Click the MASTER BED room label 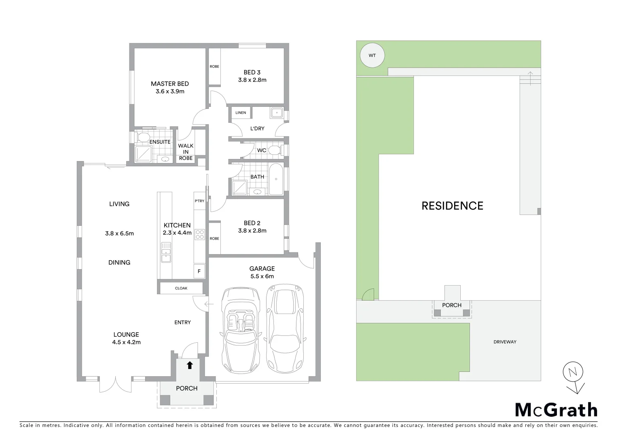(169, 84)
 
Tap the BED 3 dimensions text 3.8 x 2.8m (252, 80)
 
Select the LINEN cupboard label (241, 113)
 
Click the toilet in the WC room (275, 151)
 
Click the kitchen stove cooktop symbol (199, 234)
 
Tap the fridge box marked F (199, 272)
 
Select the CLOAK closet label (181, 289)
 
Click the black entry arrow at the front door (189, 365)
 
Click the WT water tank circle (372, 55)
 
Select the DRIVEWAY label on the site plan (505, 342)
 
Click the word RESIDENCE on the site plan (452, 206)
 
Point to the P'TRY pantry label (199, 201)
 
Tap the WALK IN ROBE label (186, 152)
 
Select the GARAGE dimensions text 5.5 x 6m (262, 276)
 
